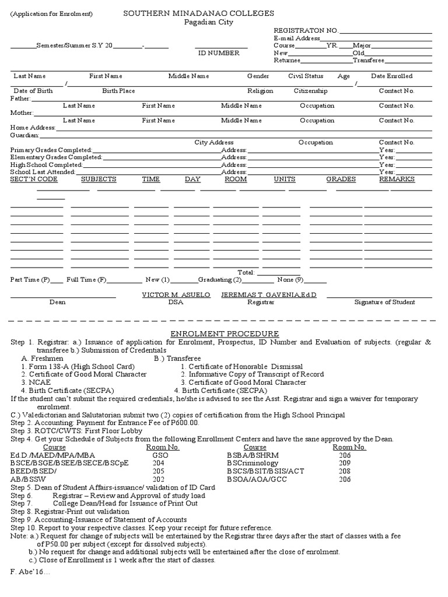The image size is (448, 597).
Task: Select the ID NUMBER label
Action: click(219, 53)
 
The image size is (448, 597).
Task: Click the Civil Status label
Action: click(306, 76)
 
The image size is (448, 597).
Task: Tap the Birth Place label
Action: click(118, 91)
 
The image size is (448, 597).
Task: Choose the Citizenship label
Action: click(310, 91)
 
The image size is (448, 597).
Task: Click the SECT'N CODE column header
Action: click(34, 180)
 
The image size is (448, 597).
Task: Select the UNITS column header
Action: click(285, 180)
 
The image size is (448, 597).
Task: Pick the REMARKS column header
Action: click(397, 180)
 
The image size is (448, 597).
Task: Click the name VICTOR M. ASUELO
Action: click(176, 296)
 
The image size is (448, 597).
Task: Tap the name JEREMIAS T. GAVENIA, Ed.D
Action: click(268, 296)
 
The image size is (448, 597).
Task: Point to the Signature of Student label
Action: click(385, 303)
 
